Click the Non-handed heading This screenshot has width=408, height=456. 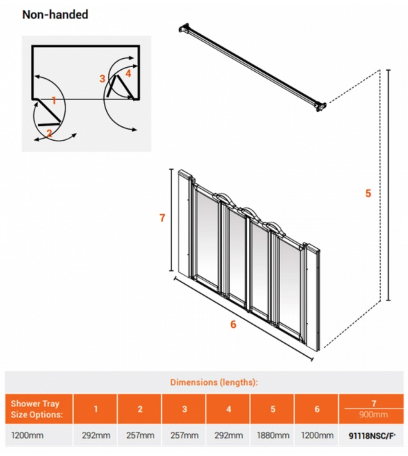click(x=55, y=14)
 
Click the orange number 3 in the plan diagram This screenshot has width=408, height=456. click(x=103, y=79)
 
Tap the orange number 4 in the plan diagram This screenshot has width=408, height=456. click(x=128, y=73)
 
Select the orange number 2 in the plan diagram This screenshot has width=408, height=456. click(x=50, y=133)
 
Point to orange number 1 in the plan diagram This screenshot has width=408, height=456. click(x=54, y=100)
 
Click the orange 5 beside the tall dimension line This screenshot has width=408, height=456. click(x=368, y=193)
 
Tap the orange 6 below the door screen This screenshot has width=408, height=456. click(x=233, y=324)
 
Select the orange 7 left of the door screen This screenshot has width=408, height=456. click(x=162, y=218)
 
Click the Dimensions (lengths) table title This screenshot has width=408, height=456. click(x=214, y=382)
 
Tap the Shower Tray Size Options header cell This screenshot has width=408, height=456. click(x=37, y=409)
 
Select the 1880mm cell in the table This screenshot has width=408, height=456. click(x=273, y=435)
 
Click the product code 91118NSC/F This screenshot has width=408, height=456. click(x=372, y=436)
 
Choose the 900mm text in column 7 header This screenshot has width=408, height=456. click(x=373, y=415)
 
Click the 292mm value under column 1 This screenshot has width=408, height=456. click(x=96, y=435)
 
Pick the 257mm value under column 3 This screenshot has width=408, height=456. click(x=184, y=435)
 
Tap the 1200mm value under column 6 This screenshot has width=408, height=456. click(x=317, y=435)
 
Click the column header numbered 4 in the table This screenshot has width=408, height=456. click(x=229, y=409)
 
